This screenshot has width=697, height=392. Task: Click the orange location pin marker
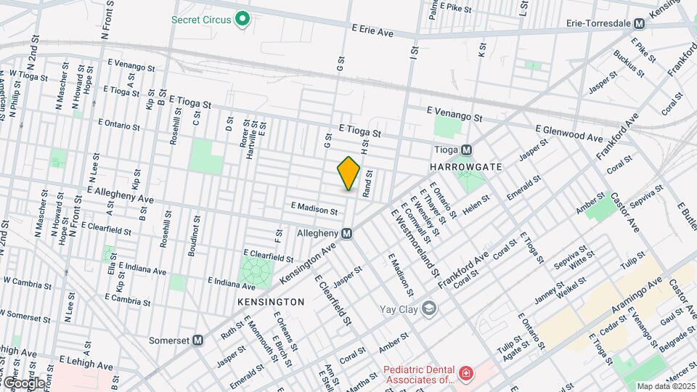pos(349,173)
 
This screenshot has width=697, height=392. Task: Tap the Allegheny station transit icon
pos(347,233)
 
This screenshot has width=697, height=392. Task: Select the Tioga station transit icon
pos(467,150)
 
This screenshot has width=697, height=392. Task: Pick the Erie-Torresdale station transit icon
pos(639,23)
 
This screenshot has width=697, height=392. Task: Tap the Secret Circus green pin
pos(243,20)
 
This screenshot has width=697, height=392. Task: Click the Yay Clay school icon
pos(429,309)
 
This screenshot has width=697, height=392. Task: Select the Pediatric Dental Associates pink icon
pos(465,374)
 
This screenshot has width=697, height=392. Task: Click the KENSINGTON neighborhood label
pos(271,301)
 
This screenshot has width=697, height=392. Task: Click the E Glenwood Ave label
pos(569,133)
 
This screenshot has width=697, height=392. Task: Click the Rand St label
pos(369,183)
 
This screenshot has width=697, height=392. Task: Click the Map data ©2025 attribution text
pos(665,386)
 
